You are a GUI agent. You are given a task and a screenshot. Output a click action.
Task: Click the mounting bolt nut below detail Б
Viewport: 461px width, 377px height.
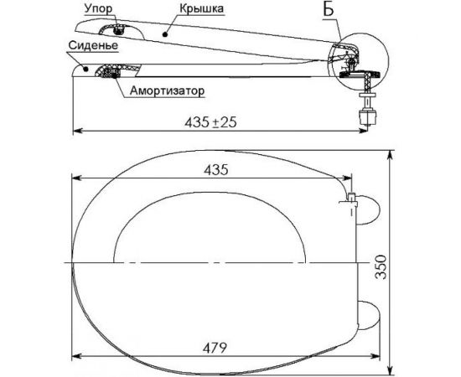[365, 110]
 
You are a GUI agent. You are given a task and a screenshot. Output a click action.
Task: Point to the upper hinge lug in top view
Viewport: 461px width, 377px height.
[369, 209]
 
